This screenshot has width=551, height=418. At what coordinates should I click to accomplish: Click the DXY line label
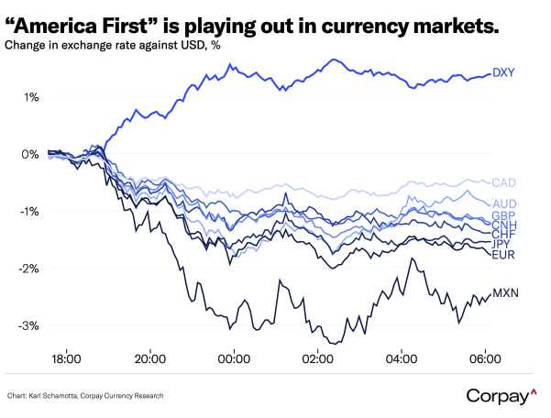tap(504, 72)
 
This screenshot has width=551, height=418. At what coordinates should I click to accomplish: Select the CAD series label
tap(505, 183)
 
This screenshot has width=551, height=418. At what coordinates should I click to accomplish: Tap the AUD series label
tap(505, 203)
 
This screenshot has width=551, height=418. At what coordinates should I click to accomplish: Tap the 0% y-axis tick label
tap(31, 154)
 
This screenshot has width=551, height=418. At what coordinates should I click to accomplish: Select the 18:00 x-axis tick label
tap(67, 358)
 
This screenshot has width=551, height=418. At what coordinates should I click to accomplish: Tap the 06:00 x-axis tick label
tap(485, 358)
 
